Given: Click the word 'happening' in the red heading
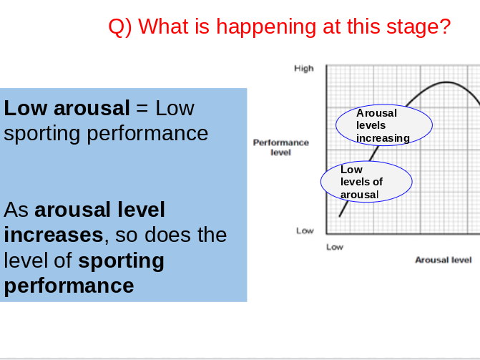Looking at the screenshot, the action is pos(265,27).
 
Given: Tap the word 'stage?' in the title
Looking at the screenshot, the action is pos(418,27).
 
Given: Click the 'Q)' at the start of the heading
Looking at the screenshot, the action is pos(120,27).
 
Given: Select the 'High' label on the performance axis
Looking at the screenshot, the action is pos(304,68).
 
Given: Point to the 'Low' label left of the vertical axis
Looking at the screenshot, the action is pos(305,230).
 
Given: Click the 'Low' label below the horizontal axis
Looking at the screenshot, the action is pos(335,247).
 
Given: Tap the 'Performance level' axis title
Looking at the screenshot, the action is pos(280,147).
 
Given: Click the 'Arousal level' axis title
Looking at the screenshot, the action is pos(444,260).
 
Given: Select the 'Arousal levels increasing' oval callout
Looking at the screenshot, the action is pos(384,125).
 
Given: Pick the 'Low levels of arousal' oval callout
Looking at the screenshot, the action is pos(366,182).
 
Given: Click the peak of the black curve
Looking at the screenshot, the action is pos(446,82).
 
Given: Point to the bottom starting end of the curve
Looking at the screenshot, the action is pos(340,216).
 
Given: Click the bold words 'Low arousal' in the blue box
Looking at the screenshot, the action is pos(67,108).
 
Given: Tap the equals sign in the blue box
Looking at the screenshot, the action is pos(142,108).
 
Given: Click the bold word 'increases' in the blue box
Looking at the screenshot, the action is pos(53,235).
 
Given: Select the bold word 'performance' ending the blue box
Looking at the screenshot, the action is pos(69,286).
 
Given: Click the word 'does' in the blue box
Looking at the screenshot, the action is pos(168,235).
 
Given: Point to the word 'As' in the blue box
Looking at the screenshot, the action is pos(16,210).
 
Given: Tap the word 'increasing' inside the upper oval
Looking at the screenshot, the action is pos(383,138).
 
